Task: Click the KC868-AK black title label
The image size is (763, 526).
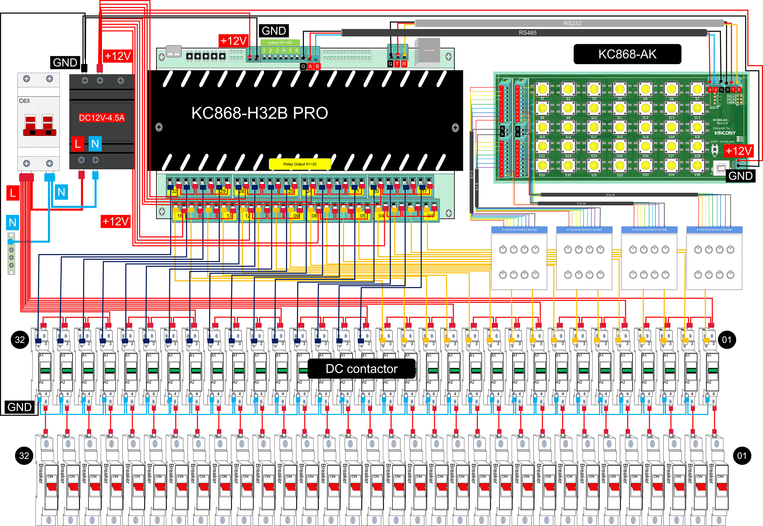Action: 627,54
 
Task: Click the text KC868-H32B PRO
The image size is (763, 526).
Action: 259,113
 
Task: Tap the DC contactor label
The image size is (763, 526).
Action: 361,369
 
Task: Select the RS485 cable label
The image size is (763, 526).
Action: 527,33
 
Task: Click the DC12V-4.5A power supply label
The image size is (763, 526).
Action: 101,118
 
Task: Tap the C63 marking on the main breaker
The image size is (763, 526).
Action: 24,101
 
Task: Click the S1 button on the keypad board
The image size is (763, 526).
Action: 542,89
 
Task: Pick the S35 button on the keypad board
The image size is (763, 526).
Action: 697,166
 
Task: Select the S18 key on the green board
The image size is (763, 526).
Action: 620,128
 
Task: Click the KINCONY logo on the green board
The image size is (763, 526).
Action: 725,133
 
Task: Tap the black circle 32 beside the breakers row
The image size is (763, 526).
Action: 24,456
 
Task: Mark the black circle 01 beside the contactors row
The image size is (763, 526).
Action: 726,340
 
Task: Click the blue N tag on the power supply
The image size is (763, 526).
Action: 95,144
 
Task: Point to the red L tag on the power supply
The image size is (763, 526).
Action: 78,144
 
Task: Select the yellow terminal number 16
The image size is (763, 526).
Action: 180,216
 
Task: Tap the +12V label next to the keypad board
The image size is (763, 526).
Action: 739,151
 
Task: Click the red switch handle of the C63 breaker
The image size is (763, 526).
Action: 40,132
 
